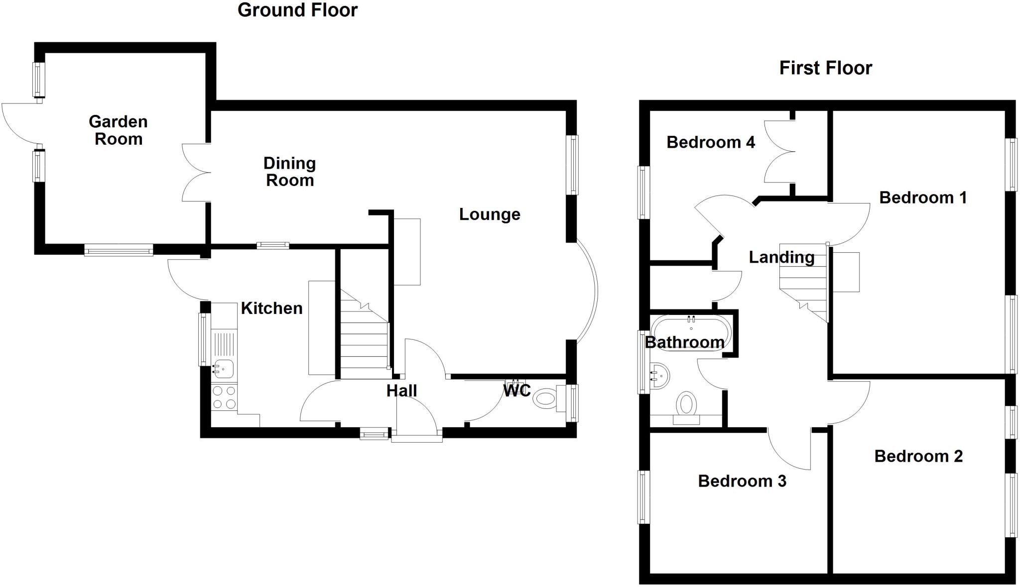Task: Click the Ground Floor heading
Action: (297, 10)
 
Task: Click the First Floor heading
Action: (825, 68)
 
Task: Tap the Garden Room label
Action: (118, 130)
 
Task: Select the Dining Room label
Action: (289, 171)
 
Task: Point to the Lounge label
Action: (489, 214)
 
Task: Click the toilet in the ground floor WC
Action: (545, 398)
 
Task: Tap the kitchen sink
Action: (224, 369)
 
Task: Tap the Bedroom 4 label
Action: (710, 142)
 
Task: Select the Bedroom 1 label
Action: (922, 197)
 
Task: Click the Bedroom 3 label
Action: (742, 481)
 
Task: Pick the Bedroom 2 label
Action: (918, 456)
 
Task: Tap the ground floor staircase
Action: (364, 338)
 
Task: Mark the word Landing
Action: (781, 257)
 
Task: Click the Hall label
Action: (401, 391)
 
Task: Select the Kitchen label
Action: (271, 308)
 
